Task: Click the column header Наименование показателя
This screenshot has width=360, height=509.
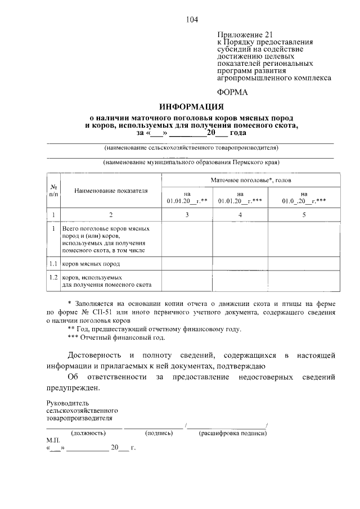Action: [x=111, y=191]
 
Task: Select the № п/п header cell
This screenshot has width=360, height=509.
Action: [x=52, y=191]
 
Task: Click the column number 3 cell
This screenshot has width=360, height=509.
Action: [x=187, y=215]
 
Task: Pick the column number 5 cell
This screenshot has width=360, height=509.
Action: [x=304, y=215]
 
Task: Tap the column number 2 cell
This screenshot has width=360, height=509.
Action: [x=111, y=215]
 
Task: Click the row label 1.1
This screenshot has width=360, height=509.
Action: [x=52, y=263]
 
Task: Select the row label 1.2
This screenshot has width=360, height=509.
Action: [x=52, y=277]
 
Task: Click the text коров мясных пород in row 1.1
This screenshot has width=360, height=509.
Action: [x=91, y=263]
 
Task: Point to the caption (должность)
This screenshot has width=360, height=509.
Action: [x=88, y=433]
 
